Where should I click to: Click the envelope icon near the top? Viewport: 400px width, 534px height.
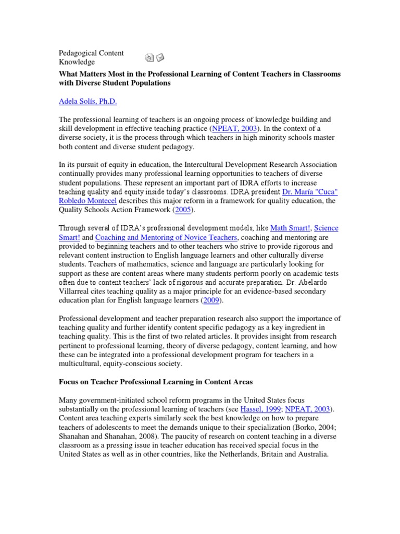click(160, 57)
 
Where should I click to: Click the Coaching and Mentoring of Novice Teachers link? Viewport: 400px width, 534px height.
click(166, 237)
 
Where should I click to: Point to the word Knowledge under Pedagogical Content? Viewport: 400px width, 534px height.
click(77, 62)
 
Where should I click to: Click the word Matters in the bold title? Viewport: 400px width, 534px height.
click(97, 74)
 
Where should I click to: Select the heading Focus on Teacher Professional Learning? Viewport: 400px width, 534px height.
click(141, 382)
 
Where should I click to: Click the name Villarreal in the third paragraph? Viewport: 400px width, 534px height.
click(74, 292)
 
